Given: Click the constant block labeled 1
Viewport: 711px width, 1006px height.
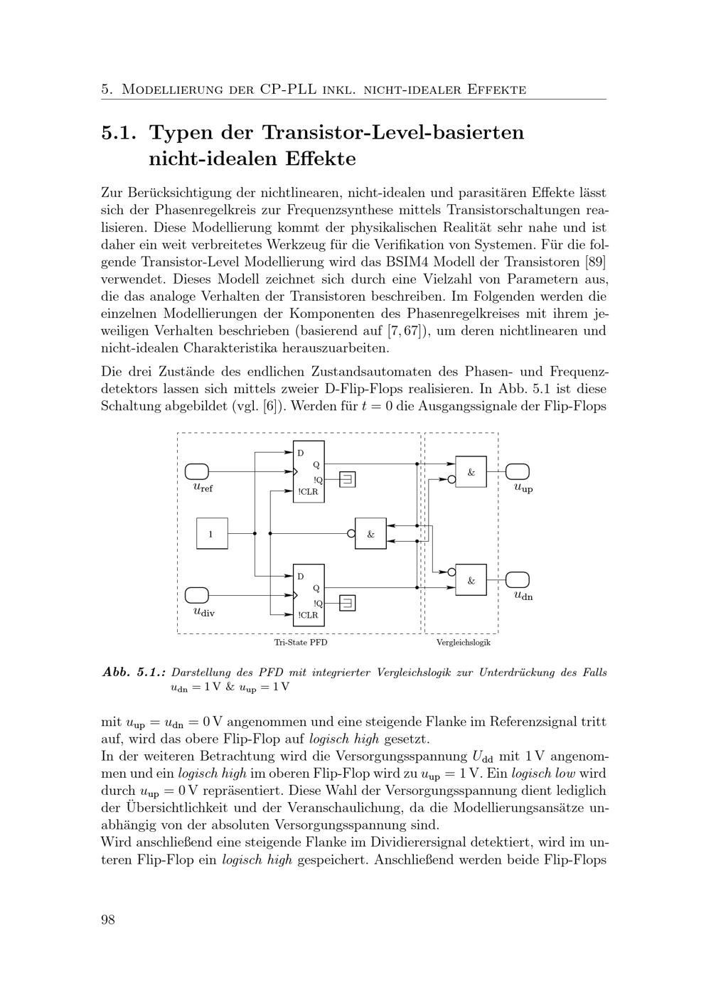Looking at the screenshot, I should tap(212, 533).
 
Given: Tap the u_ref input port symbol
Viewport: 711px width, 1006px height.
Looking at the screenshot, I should tap(197, 471).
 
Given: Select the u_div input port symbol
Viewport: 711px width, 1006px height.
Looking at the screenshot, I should tap(197, 595).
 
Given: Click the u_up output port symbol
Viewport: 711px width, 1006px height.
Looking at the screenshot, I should tap(518, 471).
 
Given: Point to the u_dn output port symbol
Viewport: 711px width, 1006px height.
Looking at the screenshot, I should tap(518, 579).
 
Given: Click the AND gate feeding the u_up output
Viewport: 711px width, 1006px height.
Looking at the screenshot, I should tap(471, 471).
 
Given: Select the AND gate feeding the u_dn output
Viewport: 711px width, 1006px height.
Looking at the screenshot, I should tap(471, 580).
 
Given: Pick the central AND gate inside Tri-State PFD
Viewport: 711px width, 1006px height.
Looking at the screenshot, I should tap(370, 533).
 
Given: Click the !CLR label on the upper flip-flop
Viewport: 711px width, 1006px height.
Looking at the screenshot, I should tap(308, 491).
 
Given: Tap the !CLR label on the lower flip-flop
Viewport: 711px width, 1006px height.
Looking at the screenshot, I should tap(308, 615).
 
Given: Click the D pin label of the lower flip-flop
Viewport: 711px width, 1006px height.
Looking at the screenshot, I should tap(300, 576).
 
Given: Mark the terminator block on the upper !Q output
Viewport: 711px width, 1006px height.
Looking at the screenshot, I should tap(347, 479).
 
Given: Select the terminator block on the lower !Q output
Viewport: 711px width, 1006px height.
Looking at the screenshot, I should tap(347, 603).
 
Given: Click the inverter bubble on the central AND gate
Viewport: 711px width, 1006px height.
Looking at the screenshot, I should tap(351, 533).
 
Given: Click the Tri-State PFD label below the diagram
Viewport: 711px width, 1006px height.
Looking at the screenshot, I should tap(301, 642).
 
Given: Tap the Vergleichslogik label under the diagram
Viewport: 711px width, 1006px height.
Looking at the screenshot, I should tap(464, 642).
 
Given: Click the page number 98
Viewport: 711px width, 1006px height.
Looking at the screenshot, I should tap(108, 919).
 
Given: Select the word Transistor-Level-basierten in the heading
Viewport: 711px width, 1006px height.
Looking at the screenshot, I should tap(393, 133).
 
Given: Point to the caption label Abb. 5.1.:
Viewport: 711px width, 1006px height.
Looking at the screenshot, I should tap(134, 672).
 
